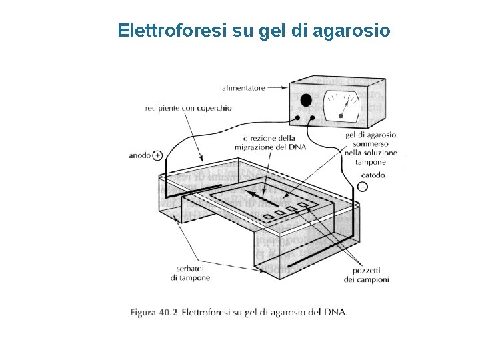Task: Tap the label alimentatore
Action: (243, 87)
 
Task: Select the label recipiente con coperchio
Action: (189, 108)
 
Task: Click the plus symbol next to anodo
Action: (157, 155)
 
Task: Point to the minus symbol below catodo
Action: (362, 187)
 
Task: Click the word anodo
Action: (139, 155)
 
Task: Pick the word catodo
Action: (372, 175)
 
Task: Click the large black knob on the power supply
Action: (306, 101)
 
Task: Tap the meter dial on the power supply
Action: (341, 105)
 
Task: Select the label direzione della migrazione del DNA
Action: (270, 143)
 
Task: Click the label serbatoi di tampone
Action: (190, 273)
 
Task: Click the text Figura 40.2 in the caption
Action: (153, 311)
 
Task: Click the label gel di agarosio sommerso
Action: (371, 139)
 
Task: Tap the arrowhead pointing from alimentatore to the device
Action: (285, 87)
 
